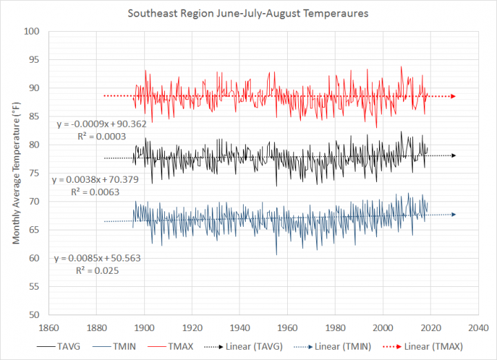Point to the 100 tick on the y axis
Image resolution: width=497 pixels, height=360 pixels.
click(x=32, y=32)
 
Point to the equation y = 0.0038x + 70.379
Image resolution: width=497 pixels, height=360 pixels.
click(x=110, y=181)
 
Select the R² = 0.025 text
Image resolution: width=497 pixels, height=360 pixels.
click(x=97, y=271)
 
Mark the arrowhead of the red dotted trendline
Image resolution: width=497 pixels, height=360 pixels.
click(x=453, y=96)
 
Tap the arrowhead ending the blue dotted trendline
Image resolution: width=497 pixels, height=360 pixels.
click(x=453, y=214)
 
